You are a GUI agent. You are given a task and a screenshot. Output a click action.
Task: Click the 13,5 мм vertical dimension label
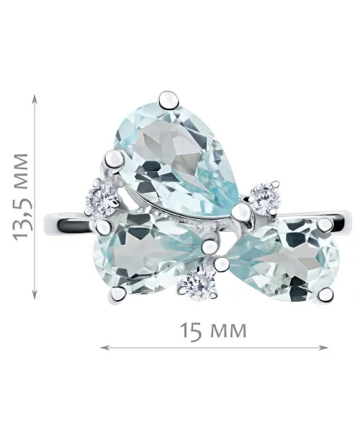coord(21,196)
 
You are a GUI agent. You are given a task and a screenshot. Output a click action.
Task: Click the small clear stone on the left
coord(102,199)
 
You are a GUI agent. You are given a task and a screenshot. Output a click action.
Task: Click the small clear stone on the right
coord(265,198)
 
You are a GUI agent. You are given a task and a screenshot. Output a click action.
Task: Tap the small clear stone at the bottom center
coord(199,285)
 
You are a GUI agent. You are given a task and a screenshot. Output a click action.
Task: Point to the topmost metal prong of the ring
coord(168,101)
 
